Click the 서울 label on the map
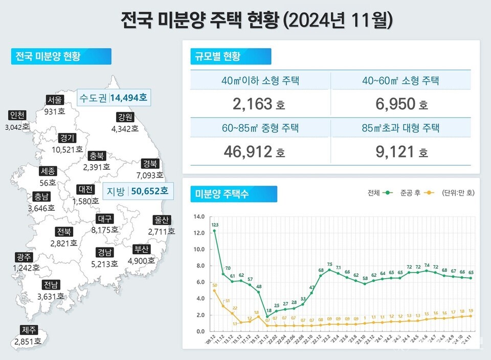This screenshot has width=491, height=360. (54, 100)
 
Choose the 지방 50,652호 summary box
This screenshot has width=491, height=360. (137, 191)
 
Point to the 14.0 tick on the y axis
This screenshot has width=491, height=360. (198, 217)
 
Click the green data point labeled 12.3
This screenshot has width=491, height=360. (214, 231)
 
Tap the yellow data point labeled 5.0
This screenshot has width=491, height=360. (214, 290)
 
